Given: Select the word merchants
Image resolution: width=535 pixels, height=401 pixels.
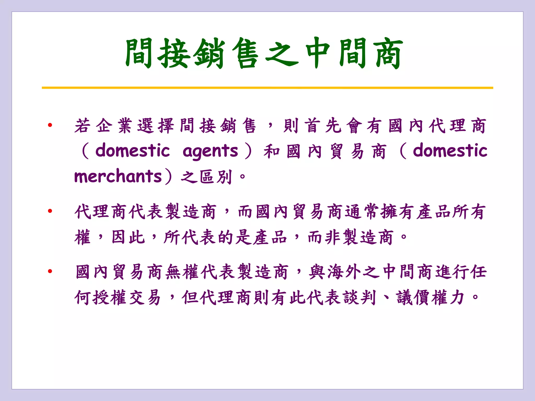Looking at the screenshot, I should point(118,176).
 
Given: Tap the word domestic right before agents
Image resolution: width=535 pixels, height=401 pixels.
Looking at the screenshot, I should point(133,151).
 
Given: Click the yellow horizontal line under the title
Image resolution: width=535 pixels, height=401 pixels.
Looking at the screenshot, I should point(267,88).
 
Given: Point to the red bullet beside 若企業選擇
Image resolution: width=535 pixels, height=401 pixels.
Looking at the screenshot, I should point(50,125).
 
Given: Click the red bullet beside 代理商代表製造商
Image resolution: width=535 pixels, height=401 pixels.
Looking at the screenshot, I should point(50,211).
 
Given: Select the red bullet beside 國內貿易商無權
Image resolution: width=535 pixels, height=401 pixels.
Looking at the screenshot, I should point(50,271).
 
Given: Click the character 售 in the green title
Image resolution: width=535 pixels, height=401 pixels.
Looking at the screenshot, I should point(245,54).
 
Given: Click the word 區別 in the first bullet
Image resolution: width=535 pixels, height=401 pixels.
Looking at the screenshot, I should point(216,177).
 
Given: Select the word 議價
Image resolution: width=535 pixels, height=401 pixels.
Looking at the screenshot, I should point(414,298).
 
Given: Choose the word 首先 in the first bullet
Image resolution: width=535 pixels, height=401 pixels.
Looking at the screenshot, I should point(323,126).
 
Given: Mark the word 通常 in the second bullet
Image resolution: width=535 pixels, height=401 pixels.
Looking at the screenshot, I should point(362,211).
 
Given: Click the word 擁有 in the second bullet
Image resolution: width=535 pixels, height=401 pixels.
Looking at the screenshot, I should point(398,211).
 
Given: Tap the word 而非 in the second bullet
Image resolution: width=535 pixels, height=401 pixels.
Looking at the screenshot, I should point(325,237).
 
